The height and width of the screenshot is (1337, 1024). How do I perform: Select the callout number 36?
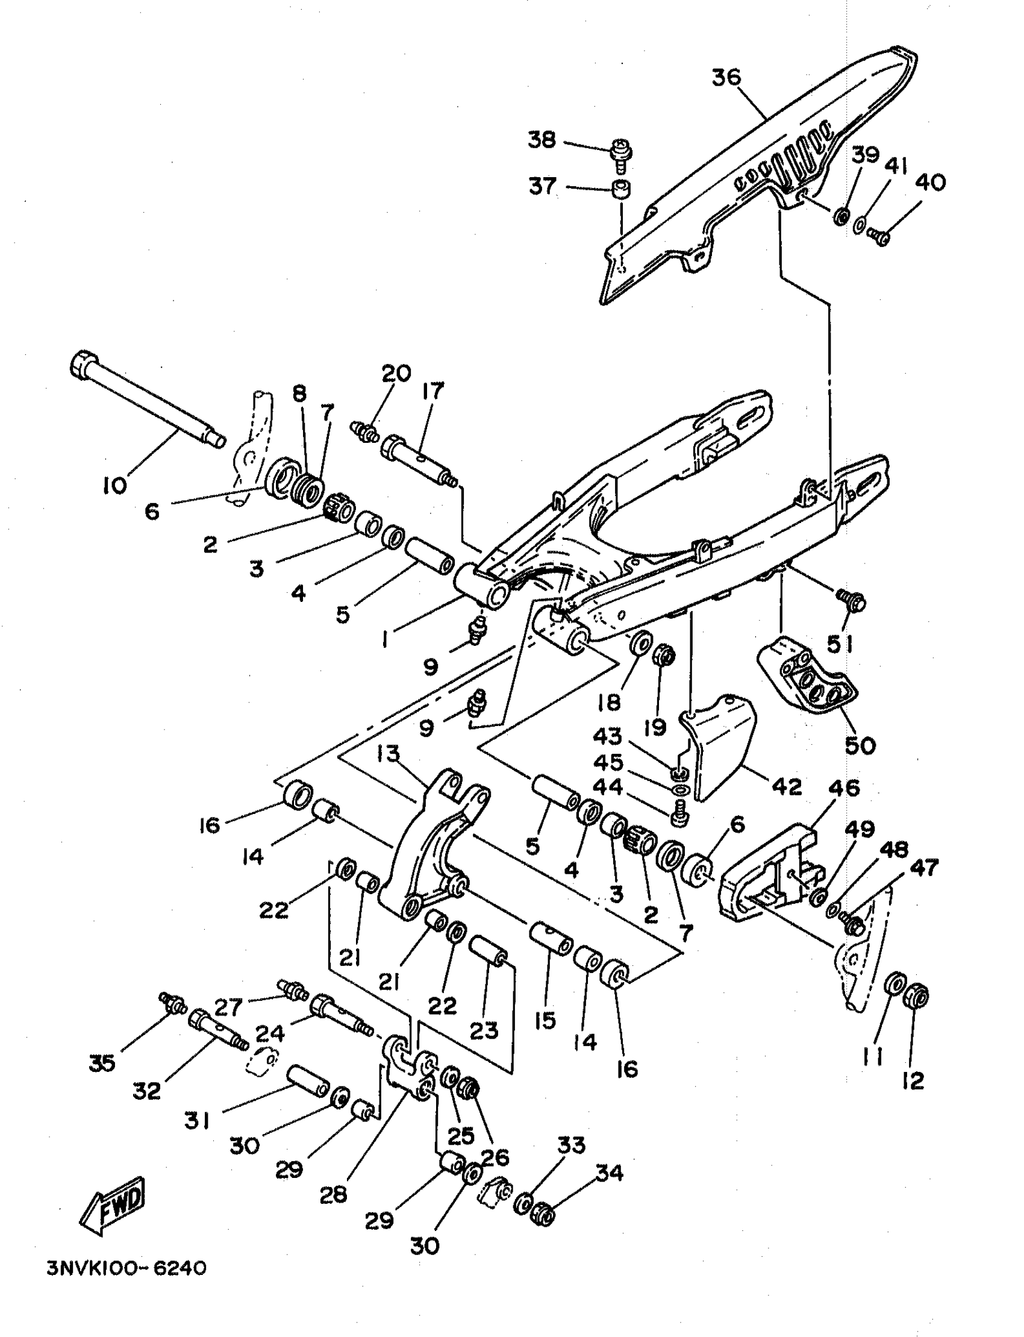pos(726,78)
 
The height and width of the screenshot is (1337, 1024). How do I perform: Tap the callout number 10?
pos(114,484)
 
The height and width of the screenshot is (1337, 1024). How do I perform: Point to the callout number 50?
pos(860,745)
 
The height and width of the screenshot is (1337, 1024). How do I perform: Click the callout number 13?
pos(388,754)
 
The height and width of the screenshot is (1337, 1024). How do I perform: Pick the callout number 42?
pos(786,786)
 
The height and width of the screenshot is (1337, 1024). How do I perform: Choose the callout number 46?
pos(843,788)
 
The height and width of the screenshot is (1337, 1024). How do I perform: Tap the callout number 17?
pos(432,391)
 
